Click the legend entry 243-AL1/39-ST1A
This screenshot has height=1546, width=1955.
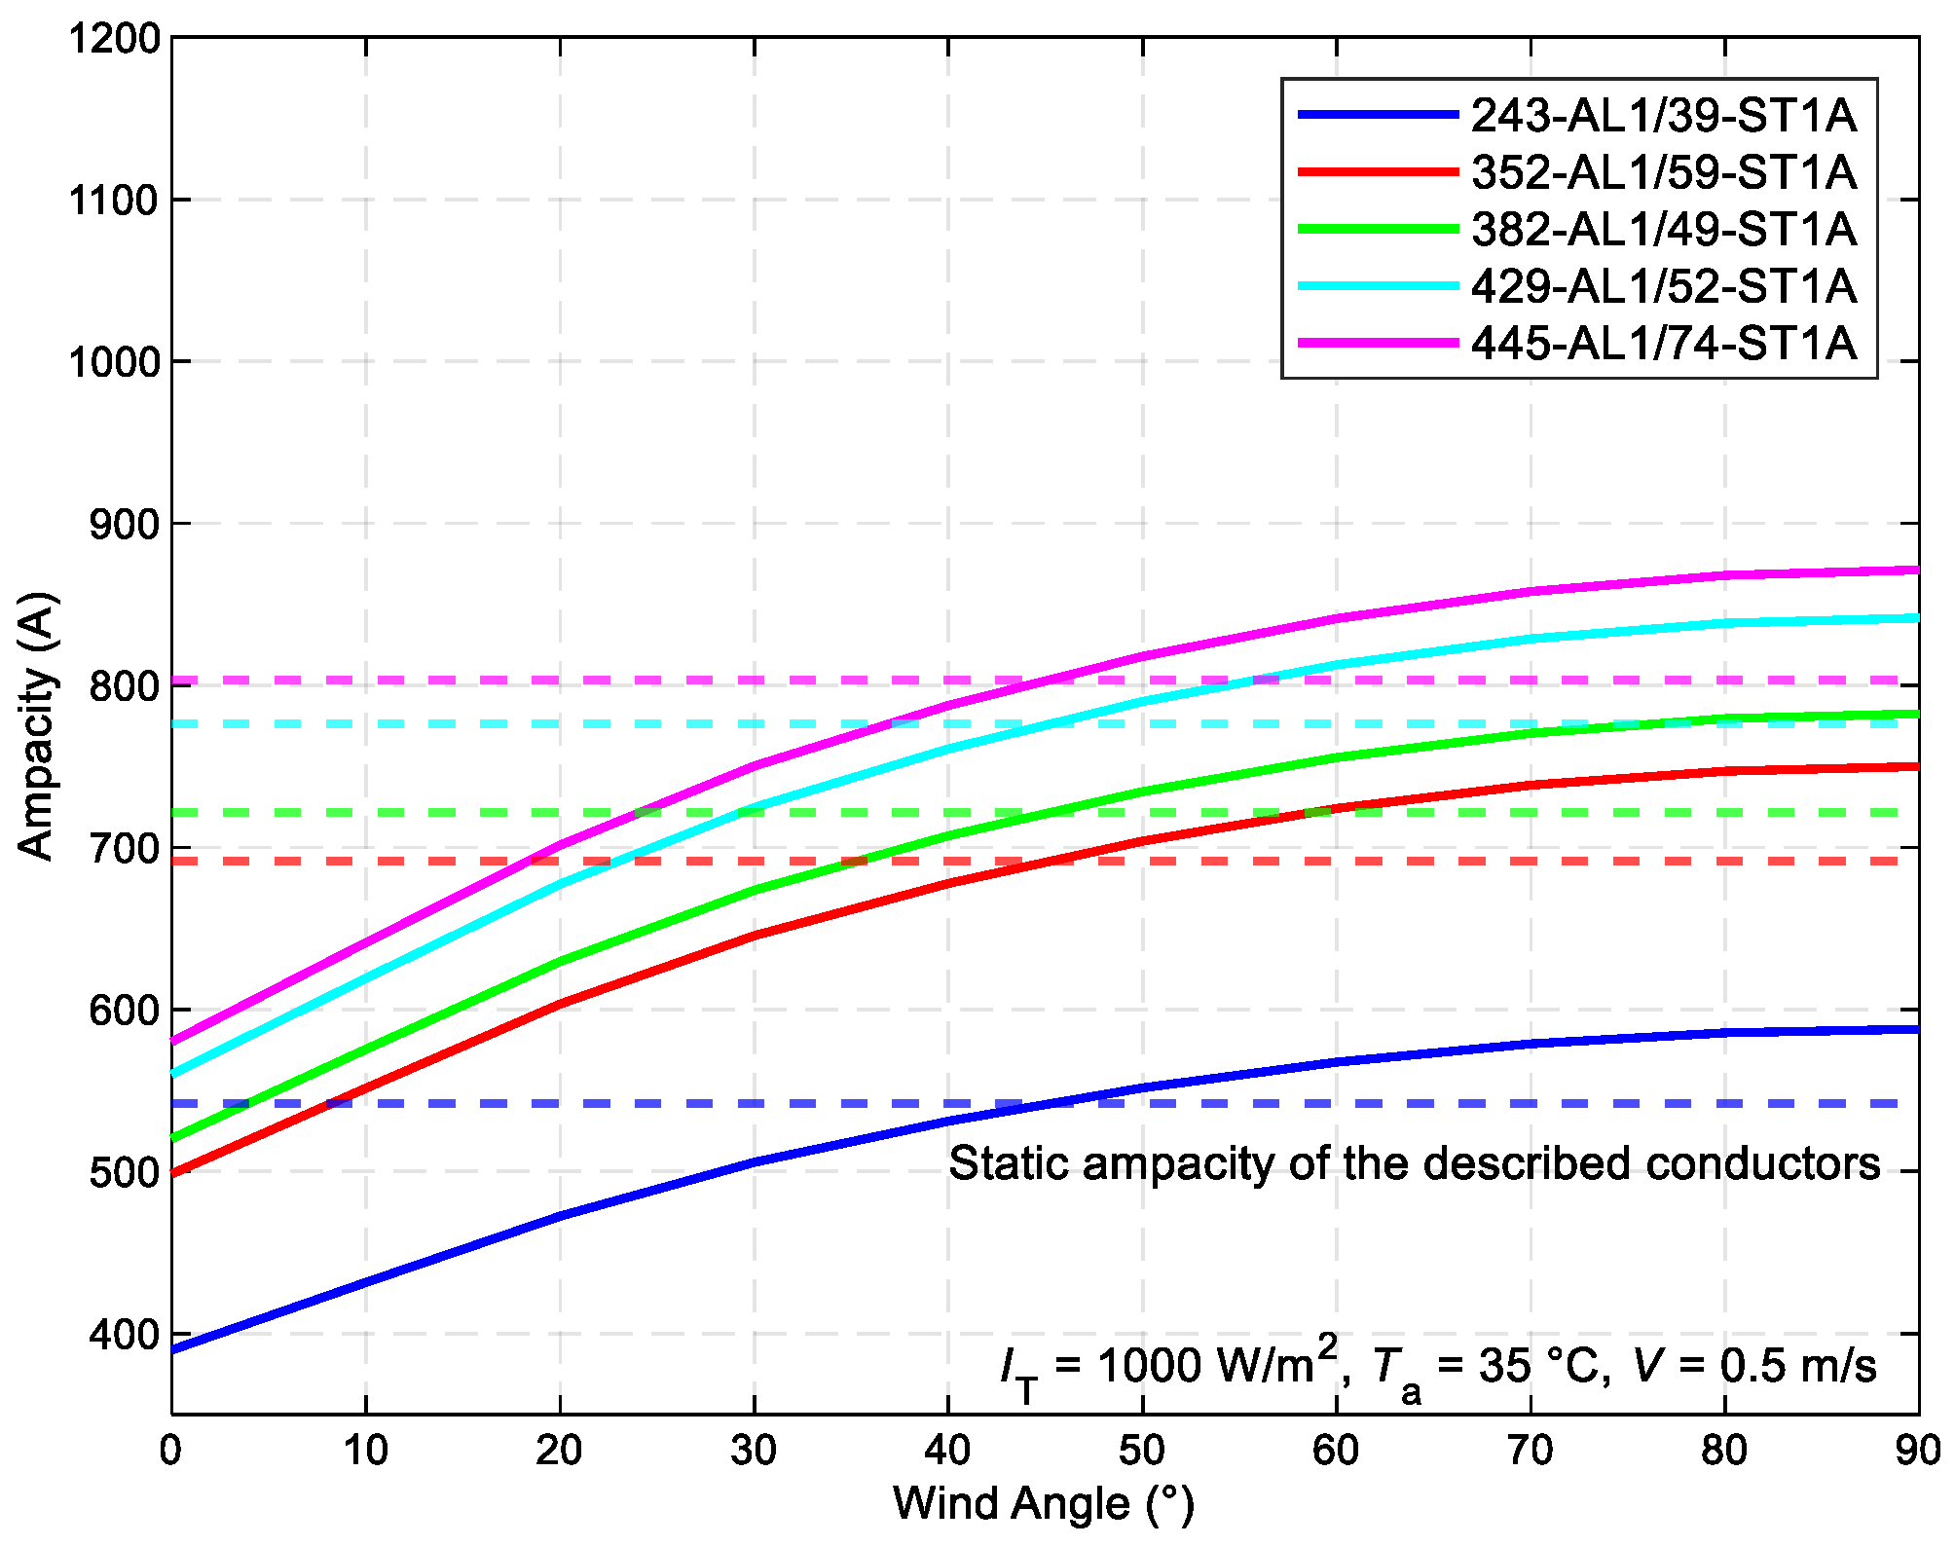coord(1663,116)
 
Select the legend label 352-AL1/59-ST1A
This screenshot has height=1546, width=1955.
coord(1663,172)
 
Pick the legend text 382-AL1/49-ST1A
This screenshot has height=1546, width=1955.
coord(1663,230)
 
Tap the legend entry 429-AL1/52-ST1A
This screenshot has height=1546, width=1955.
coord(1663,286)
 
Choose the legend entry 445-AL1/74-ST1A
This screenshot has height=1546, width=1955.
coord(1663,344)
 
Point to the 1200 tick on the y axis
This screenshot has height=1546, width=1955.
coord(113,39)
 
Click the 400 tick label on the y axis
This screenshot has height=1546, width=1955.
coord(124,1334)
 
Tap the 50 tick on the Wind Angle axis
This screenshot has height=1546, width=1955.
coord(1141,1451)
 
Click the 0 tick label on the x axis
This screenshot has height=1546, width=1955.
coord(171,1451)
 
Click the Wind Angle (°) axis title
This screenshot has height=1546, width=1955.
coord(1044,1503)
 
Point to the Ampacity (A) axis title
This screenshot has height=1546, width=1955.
coord(37,725)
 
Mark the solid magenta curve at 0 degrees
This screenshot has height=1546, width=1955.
coord(174,1041)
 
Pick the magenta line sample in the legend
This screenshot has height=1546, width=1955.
coord(1378,344)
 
